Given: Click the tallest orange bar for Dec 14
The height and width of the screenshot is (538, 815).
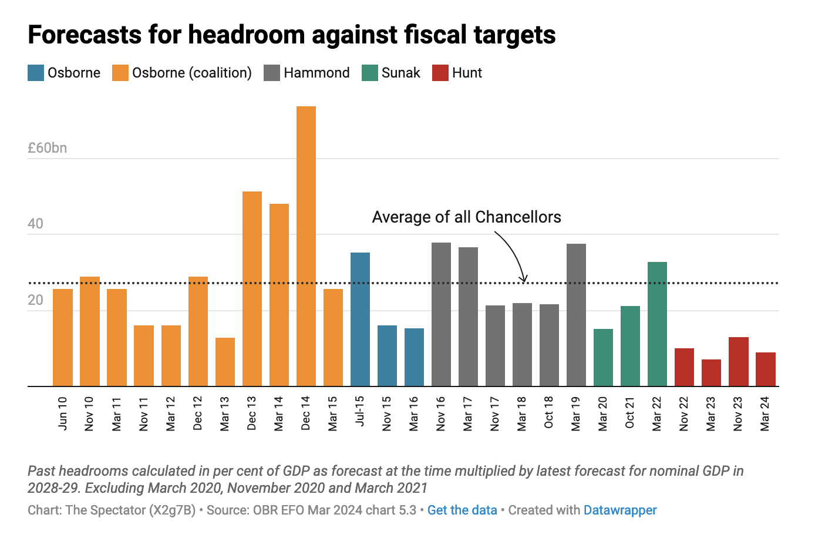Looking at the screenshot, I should click(x=306, y=247).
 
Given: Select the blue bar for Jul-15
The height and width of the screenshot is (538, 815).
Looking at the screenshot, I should click(x=360, y=320).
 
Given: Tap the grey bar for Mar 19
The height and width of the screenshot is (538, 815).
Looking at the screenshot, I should click(x=576, y=315).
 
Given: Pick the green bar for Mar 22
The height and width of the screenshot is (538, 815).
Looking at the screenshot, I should click(x=657, y=324).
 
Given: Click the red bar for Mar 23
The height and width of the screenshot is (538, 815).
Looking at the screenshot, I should click(x=711, y=373).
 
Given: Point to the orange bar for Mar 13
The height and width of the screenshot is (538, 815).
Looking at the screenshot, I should click(x=225, y=362).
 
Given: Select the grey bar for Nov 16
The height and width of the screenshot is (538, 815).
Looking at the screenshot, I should click(x=441, y=314).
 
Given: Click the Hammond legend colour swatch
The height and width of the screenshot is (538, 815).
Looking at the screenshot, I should click(x=272, y=73).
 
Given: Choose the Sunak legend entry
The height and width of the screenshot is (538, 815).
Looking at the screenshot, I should click(x=400, y=73).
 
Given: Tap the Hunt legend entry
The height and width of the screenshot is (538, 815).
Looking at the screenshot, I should click(x=467, y=73).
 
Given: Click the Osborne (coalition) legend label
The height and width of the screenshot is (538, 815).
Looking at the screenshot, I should click(x=191, y=73).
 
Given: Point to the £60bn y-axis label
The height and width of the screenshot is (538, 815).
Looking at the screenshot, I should click(x=48, y=148).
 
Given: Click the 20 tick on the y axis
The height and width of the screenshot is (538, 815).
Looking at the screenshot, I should click(x=35, y=300).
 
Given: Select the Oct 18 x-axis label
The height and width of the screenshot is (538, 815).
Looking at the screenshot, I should click(x=549, y=412).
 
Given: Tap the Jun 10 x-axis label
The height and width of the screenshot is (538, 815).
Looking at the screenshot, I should click(x=63, y=413).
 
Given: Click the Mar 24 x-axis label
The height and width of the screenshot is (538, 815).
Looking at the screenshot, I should click(x=765, y=413).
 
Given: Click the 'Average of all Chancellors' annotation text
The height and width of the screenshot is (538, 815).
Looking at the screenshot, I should click(x=466, y=217).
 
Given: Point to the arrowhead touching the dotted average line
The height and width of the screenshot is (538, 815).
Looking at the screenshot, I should click(x=524, y=279).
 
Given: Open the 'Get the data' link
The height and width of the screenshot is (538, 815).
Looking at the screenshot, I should click(x=462, y=510).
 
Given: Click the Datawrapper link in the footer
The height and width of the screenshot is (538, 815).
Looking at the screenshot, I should click(x=620, y=510).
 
